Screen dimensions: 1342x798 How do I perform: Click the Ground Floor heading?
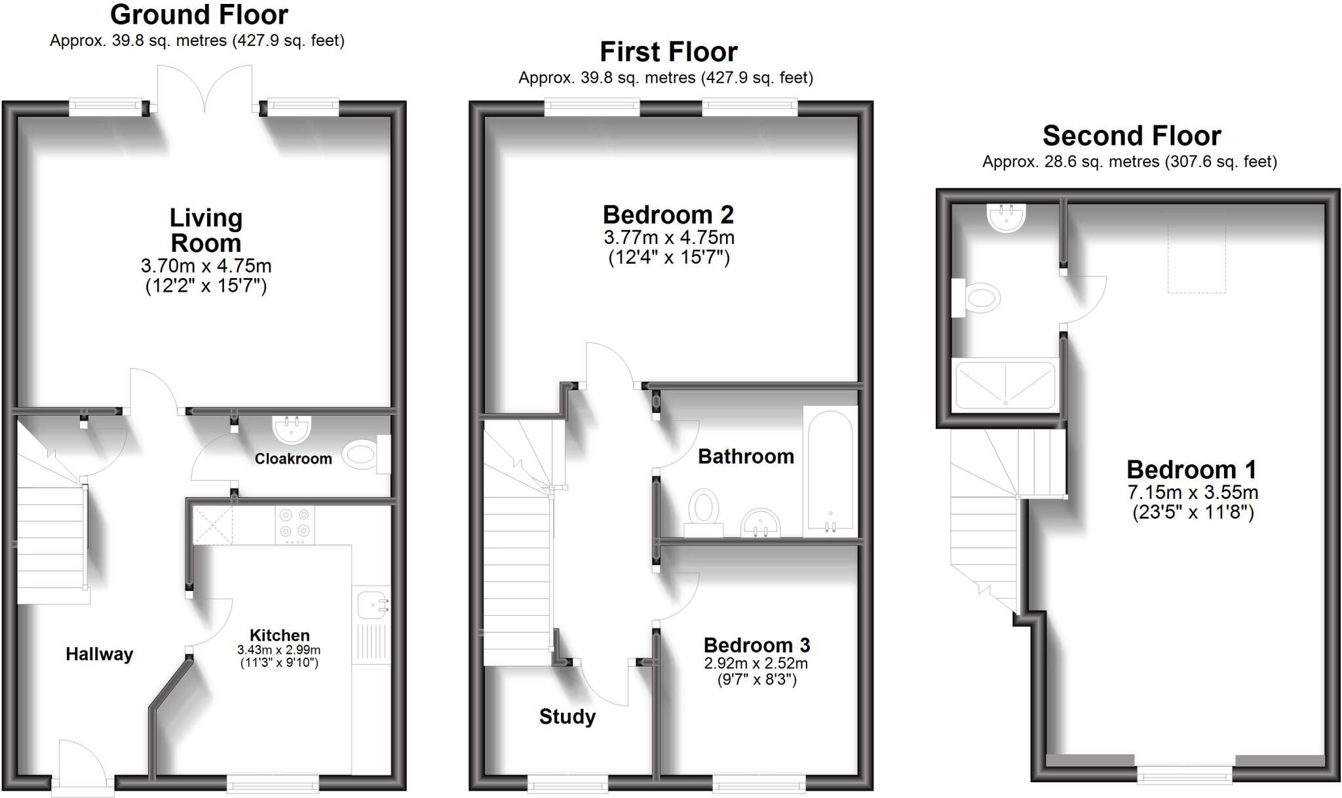[x=199, y=14]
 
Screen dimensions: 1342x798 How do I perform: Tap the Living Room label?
[x=206, y=230]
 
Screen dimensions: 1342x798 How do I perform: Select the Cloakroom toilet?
[x=366, y=454]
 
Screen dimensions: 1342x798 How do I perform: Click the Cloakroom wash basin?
[x=292, y=430]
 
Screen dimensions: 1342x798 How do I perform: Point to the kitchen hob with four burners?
[x=295, y=525]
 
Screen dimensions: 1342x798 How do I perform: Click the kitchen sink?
[x=374, y=603]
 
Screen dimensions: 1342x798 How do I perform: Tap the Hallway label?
[x=100, y=654]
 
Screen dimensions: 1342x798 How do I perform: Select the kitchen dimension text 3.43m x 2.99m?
[x=279, y=650]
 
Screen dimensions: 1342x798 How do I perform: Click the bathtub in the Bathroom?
[x=830, y=471]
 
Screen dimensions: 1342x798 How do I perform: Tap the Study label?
[x=567, y=717]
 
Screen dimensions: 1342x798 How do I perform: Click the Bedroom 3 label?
[x=757, y=645]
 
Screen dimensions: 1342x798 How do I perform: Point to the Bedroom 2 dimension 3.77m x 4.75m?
[x=669, y=237]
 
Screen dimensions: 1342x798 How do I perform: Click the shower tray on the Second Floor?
[x=1005, y=384]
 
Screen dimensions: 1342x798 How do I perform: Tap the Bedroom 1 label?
[x=1192, y=469]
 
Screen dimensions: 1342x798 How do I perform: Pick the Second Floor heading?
[x=1132, y=136]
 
